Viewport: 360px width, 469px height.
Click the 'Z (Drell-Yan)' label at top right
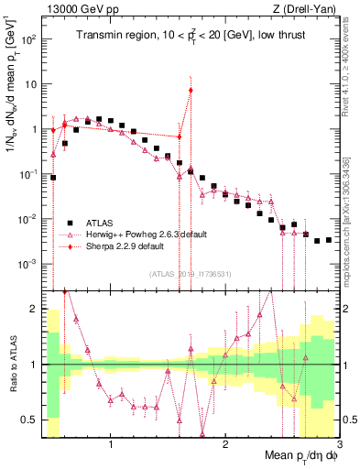[x=309, y=8]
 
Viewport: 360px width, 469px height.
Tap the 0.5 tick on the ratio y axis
[x=32, y=420]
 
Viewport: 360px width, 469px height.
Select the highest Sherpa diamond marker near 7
[x=191, y=90]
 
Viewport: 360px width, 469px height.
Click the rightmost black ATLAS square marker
[x=329, y=240]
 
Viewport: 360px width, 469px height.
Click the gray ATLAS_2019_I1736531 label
[x=191, y=273]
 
